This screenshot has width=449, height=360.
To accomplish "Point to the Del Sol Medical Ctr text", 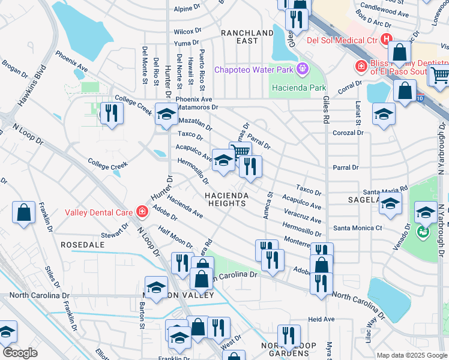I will pyautogui.click(x=342, y=40).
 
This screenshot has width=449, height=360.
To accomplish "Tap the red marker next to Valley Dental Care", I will pyautogui.click(x=142, y=211).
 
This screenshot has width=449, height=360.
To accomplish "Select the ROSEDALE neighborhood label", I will pyautogui.click(x=83, y=245).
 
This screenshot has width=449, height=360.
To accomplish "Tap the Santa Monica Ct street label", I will pyautogui.click(x=358, y=228).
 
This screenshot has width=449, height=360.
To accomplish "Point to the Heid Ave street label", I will pyautogui.click(x=321, y=319).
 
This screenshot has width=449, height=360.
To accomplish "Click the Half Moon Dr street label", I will pyautogui.click(x=175, y=238).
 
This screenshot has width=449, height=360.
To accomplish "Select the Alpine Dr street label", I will pyautogui.click(x=187, y=8).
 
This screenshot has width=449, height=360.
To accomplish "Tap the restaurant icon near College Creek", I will pyautogui.click(x=111, y=112).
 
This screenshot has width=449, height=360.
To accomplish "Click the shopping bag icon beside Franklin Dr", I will pyautogui.click(x=23, y=212).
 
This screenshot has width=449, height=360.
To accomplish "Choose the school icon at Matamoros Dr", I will pyautogui.click(x=166, y=113).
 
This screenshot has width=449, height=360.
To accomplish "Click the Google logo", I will pyautogui.click(x=20, y=353).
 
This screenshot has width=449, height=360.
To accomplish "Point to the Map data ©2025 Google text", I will pyautogui.click(x=411, y=355).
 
